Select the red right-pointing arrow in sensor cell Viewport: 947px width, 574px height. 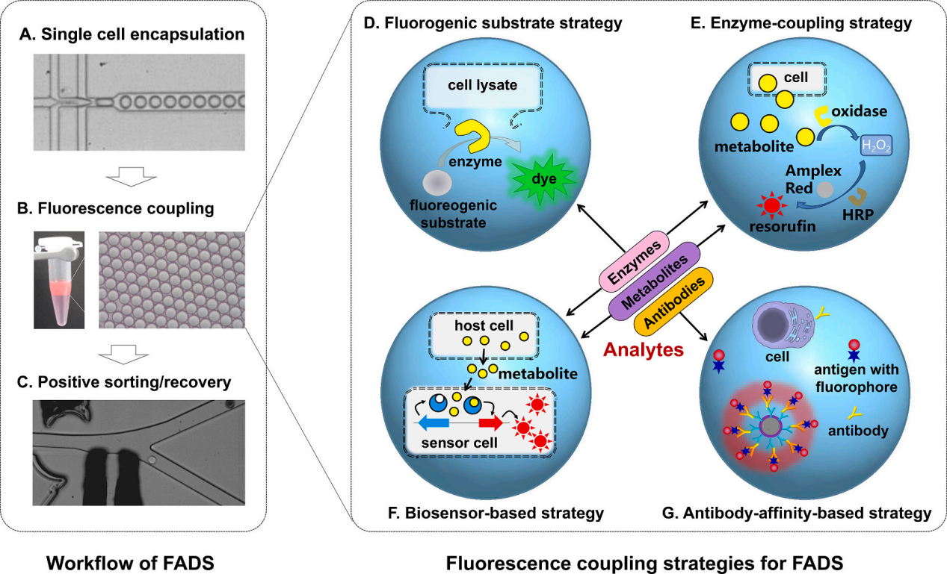click(x=491, y=424)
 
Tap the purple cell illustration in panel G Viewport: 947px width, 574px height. click(x=778, y=328)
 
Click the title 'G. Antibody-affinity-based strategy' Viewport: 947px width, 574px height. click(x=797, y=513)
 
